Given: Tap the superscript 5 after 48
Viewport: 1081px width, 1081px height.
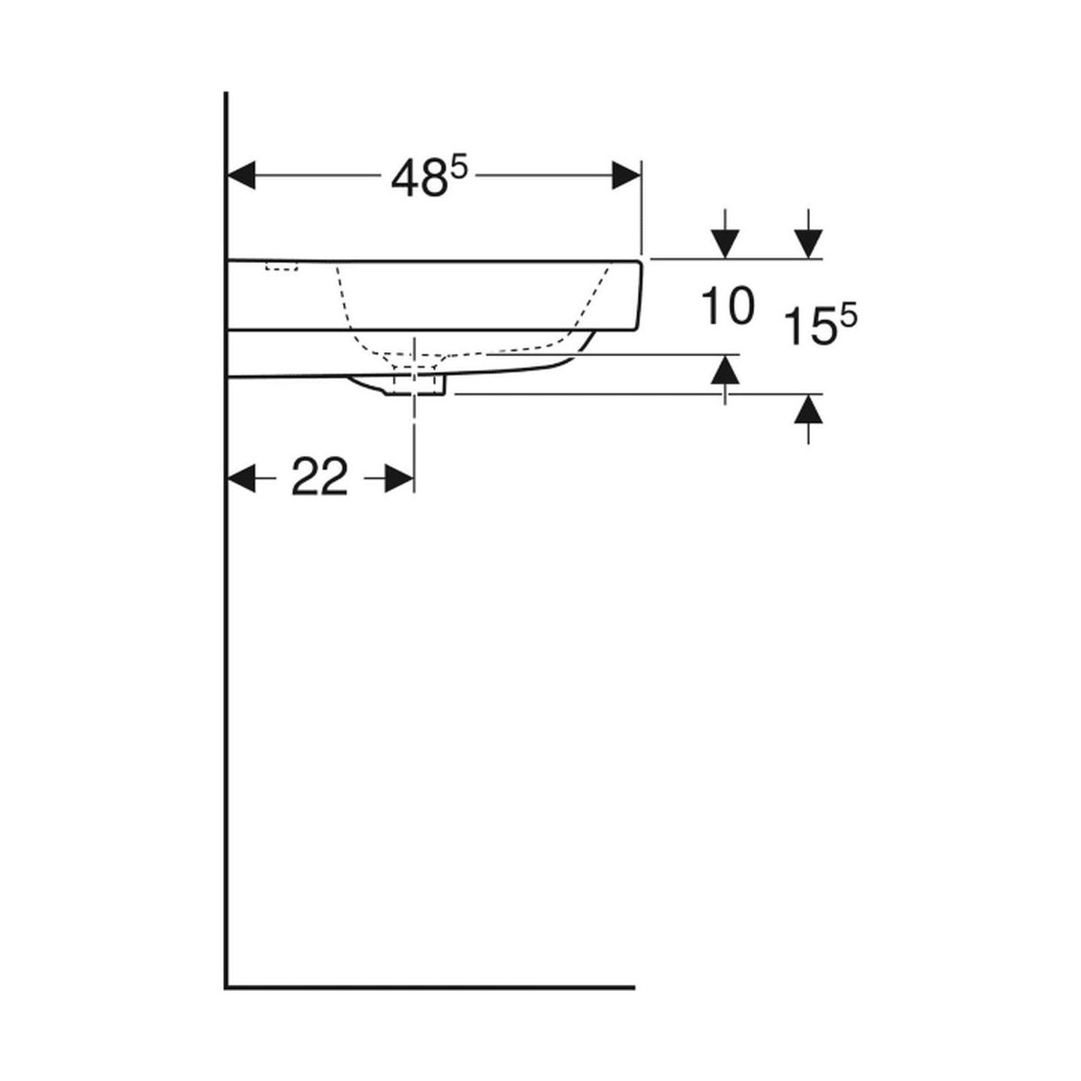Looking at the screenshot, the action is pyautogui.click(x=459, y=168).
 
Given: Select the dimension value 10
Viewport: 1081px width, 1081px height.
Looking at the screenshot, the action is pyautogui.click(x=728, y=306).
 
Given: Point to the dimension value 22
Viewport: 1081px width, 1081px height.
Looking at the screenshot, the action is pyautogui.click(x=320, y=478).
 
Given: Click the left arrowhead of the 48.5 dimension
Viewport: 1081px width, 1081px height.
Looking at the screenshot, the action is pyautogui.click(x=241, y=176).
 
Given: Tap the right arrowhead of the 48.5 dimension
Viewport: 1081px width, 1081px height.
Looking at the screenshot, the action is pyautogui.click(x=626, y=176).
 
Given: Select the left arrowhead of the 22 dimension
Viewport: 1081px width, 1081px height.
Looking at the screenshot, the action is pyautogui.click(x=241, y=478).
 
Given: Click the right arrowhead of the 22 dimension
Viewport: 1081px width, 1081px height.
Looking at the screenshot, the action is pyautogui.click(x=399, y=478).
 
